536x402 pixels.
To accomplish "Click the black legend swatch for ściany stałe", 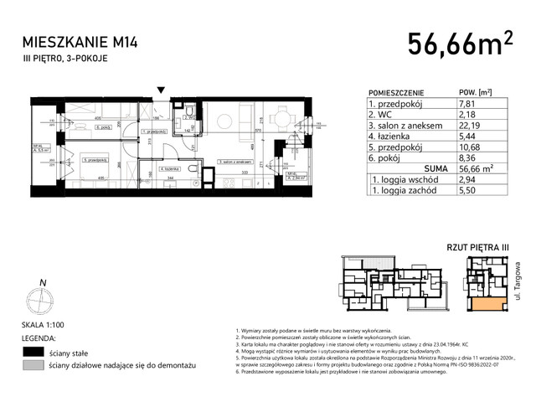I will click(x=33, y=352).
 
